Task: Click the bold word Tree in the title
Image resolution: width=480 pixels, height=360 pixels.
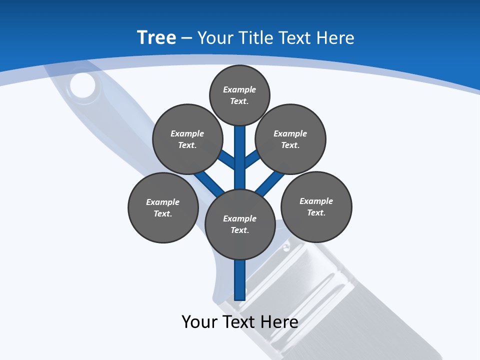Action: [x=156, y=38]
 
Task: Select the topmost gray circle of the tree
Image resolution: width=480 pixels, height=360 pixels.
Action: [x=239, y=95]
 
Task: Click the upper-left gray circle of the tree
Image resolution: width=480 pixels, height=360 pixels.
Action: [x=187, y=139]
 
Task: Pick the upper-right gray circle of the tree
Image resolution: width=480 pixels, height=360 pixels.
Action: [x=290, y=139]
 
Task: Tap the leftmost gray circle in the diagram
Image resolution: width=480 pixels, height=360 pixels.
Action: [x=163, y=207]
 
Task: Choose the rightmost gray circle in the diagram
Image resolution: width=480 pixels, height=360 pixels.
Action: [x=316, y=206]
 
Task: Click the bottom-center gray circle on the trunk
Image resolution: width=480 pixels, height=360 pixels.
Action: [x=240, y=224]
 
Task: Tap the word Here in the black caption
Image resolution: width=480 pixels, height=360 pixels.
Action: [x=280, y=321]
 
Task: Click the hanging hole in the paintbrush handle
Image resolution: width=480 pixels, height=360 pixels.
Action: [x=82, y=85]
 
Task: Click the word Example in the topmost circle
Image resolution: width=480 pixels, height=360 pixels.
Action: [x=239, y=89]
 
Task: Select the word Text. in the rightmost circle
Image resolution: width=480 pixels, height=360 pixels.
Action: [x=316, y=212]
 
